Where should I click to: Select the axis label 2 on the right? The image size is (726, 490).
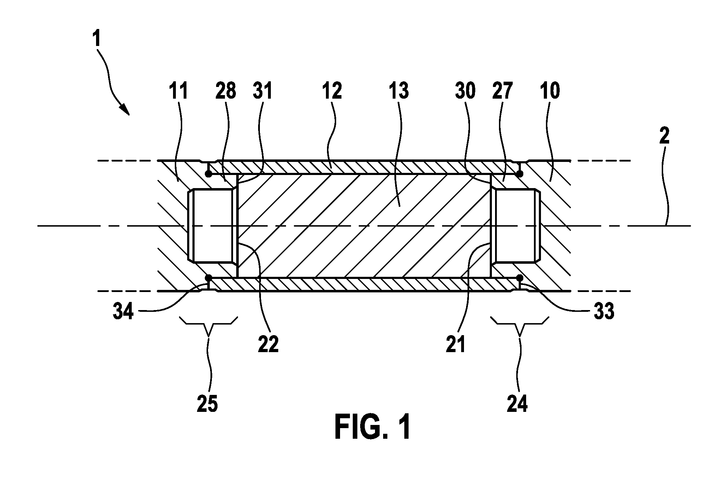(664, 136)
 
